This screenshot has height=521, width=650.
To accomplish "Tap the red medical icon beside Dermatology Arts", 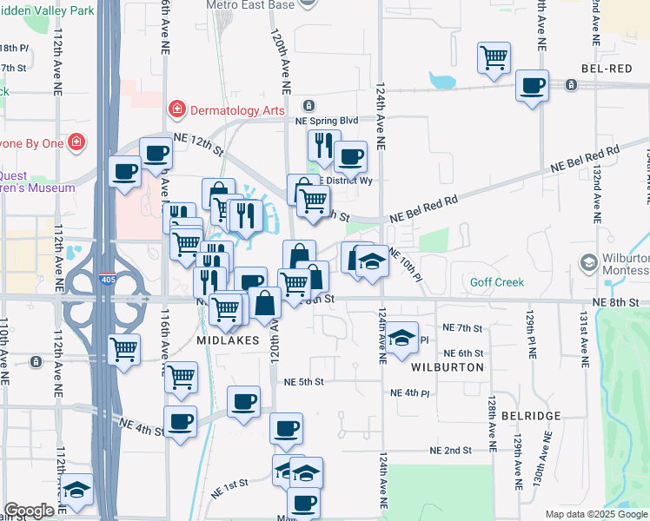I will coord(176,109).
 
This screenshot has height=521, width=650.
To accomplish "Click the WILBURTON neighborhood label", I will coord(449,367).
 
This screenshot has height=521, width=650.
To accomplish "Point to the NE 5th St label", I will coord(303,381).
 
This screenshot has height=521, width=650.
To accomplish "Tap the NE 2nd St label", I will coord(450,451).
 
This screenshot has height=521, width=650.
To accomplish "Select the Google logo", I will coord(29,511).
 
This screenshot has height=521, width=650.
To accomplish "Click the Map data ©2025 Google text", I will coord(595,514).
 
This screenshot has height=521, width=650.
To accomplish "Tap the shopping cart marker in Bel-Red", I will coord(494,57).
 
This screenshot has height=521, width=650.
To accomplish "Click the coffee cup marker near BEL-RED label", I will coord(532,86).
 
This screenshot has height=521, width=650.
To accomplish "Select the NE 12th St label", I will coord(198,141).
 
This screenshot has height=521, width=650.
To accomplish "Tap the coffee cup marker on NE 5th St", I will coord(244,402).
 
